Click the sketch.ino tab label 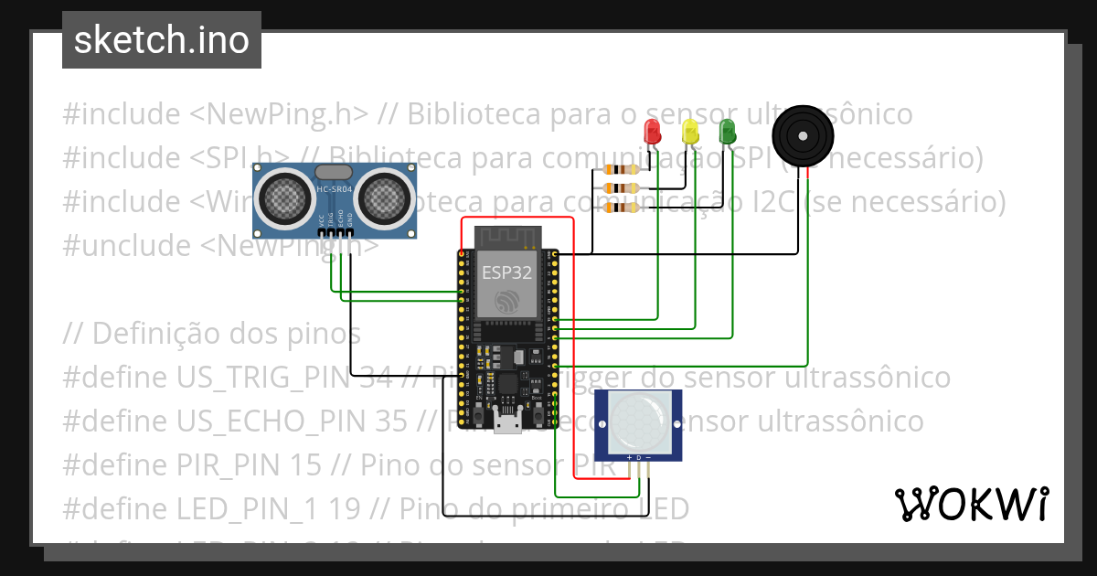(162, 40)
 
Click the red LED (652, 131)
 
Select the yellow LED (690, 131)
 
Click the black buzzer (803, 136)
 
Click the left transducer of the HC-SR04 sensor (286, 195)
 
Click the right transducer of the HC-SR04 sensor (383, 195)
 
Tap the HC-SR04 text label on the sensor (333, 190)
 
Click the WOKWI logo (971, 503)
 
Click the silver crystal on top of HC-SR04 (333, 171)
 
